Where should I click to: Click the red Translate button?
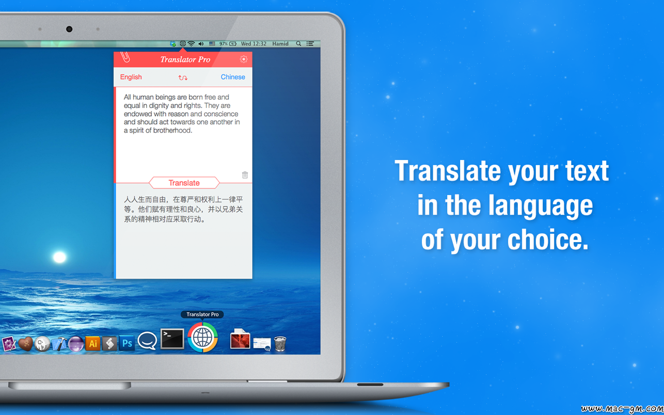[184, 183]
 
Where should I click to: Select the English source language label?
[131, 77]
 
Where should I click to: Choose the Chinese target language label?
[233, 77]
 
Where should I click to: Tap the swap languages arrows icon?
[183, 77]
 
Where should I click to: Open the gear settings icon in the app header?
[244, 59]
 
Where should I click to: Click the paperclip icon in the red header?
[125, 57]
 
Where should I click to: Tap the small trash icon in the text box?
[245, 174]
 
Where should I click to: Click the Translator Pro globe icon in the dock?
[203, 338]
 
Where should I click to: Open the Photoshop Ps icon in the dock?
[127, 343]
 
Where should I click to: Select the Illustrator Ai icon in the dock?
[93, 343]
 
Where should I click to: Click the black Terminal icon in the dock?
[172, 339]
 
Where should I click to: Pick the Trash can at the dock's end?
[280, 344]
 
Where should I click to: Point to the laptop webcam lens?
[69, 29]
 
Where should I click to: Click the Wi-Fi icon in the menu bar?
[192, 44]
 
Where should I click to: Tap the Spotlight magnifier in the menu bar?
[298, 44]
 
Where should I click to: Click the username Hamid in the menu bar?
[280, 44]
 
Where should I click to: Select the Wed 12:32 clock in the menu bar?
[254, 44]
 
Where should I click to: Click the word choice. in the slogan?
[548, 240]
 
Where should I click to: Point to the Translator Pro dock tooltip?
[202, 314]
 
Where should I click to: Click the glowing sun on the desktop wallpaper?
[59, 257]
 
